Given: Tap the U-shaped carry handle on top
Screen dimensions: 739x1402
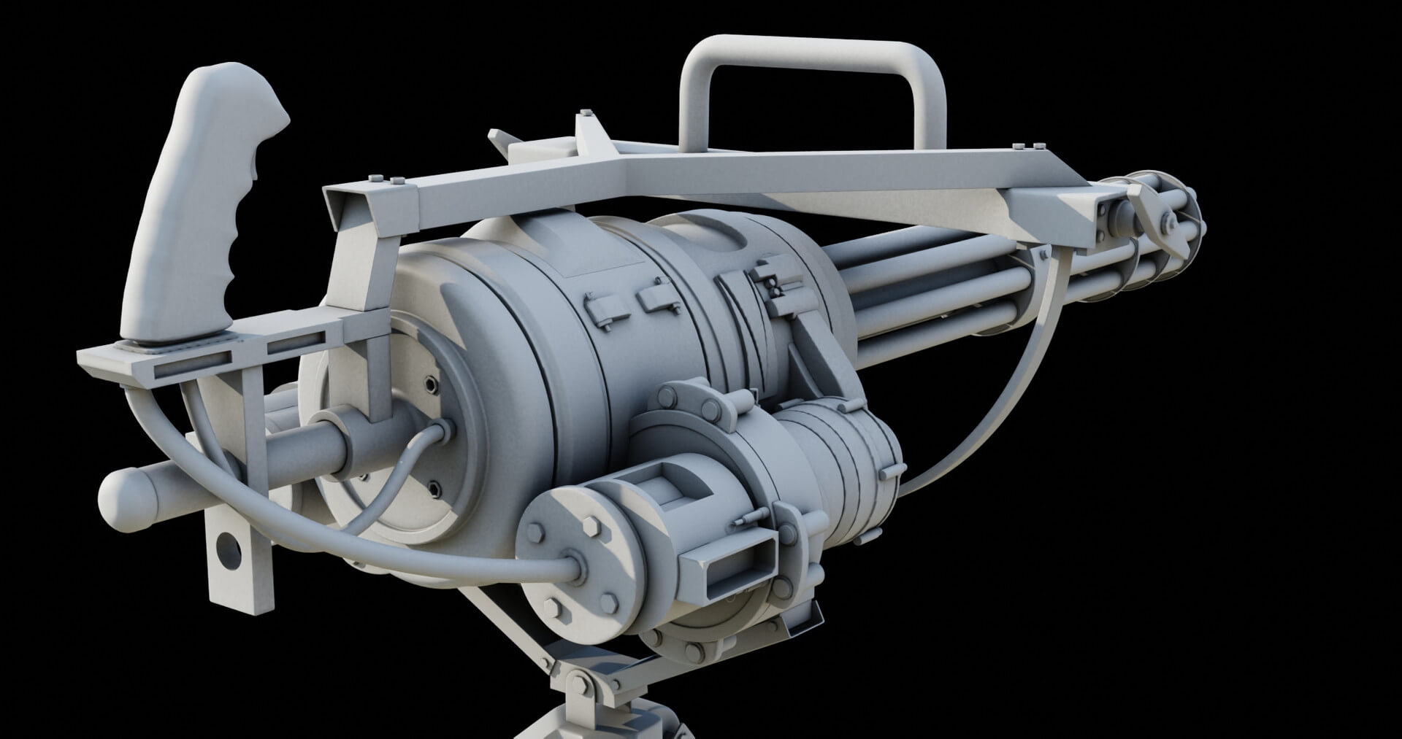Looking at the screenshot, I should [x=811, y=55].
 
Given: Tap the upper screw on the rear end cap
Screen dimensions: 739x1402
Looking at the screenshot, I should [x=431, y=383].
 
